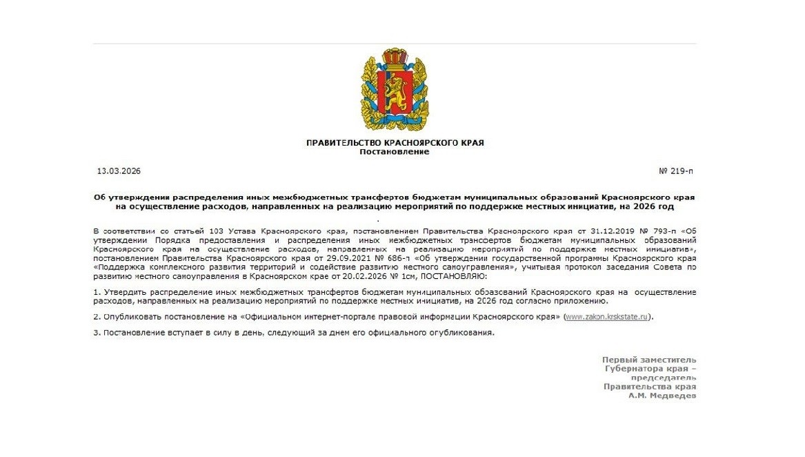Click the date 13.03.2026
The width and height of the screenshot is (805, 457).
click(119, 171)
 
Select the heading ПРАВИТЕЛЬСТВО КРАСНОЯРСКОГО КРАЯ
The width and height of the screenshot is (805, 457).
click(395, 143)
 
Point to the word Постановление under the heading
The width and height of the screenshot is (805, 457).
click(395, 152)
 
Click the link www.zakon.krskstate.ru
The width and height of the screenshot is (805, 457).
click(607, 317)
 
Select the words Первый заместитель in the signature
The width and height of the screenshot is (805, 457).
click(648, 360)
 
